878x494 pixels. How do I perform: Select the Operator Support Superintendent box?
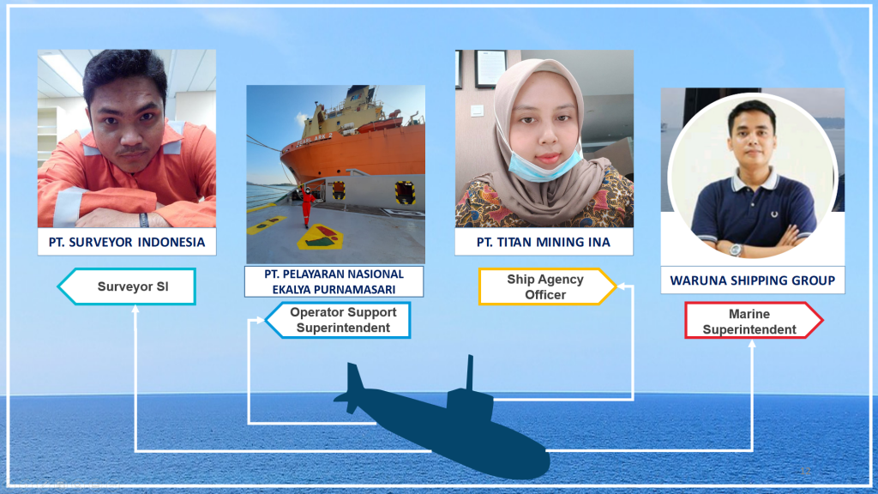(x=338, y=320)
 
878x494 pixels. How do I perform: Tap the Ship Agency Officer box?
(x=547, y=286)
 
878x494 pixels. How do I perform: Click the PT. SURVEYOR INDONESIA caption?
(x=127, y=242)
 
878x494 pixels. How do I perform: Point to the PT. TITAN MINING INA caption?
(x=543, y=242)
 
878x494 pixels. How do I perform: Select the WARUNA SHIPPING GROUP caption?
(x=753, y=280)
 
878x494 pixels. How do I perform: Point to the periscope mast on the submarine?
(x=471, y=372)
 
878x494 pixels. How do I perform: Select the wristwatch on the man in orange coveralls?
(x=144, y=220)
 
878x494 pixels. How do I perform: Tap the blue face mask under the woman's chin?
(x=538, y=166)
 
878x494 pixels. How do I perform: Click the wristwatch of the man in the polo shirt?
(x=736, y=250)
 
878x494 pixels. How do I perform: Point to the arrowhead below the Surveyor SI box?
(x=135, y=309)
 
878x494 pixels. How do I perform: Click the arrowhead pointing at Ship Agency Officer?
(x=621, y=286)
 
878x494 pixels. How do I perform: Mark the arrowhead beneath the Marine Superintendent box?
(x=752, y=343)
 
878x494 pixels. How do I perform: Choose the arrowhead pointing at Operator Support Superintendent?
(x=261, y=321)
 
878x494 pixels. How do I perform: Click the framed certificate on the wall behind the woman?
(x=490, y=69)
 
